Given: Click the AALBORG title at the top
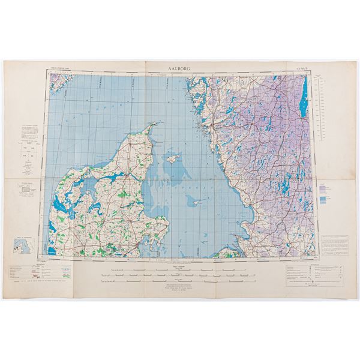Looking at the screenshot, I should coord(179,69).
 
